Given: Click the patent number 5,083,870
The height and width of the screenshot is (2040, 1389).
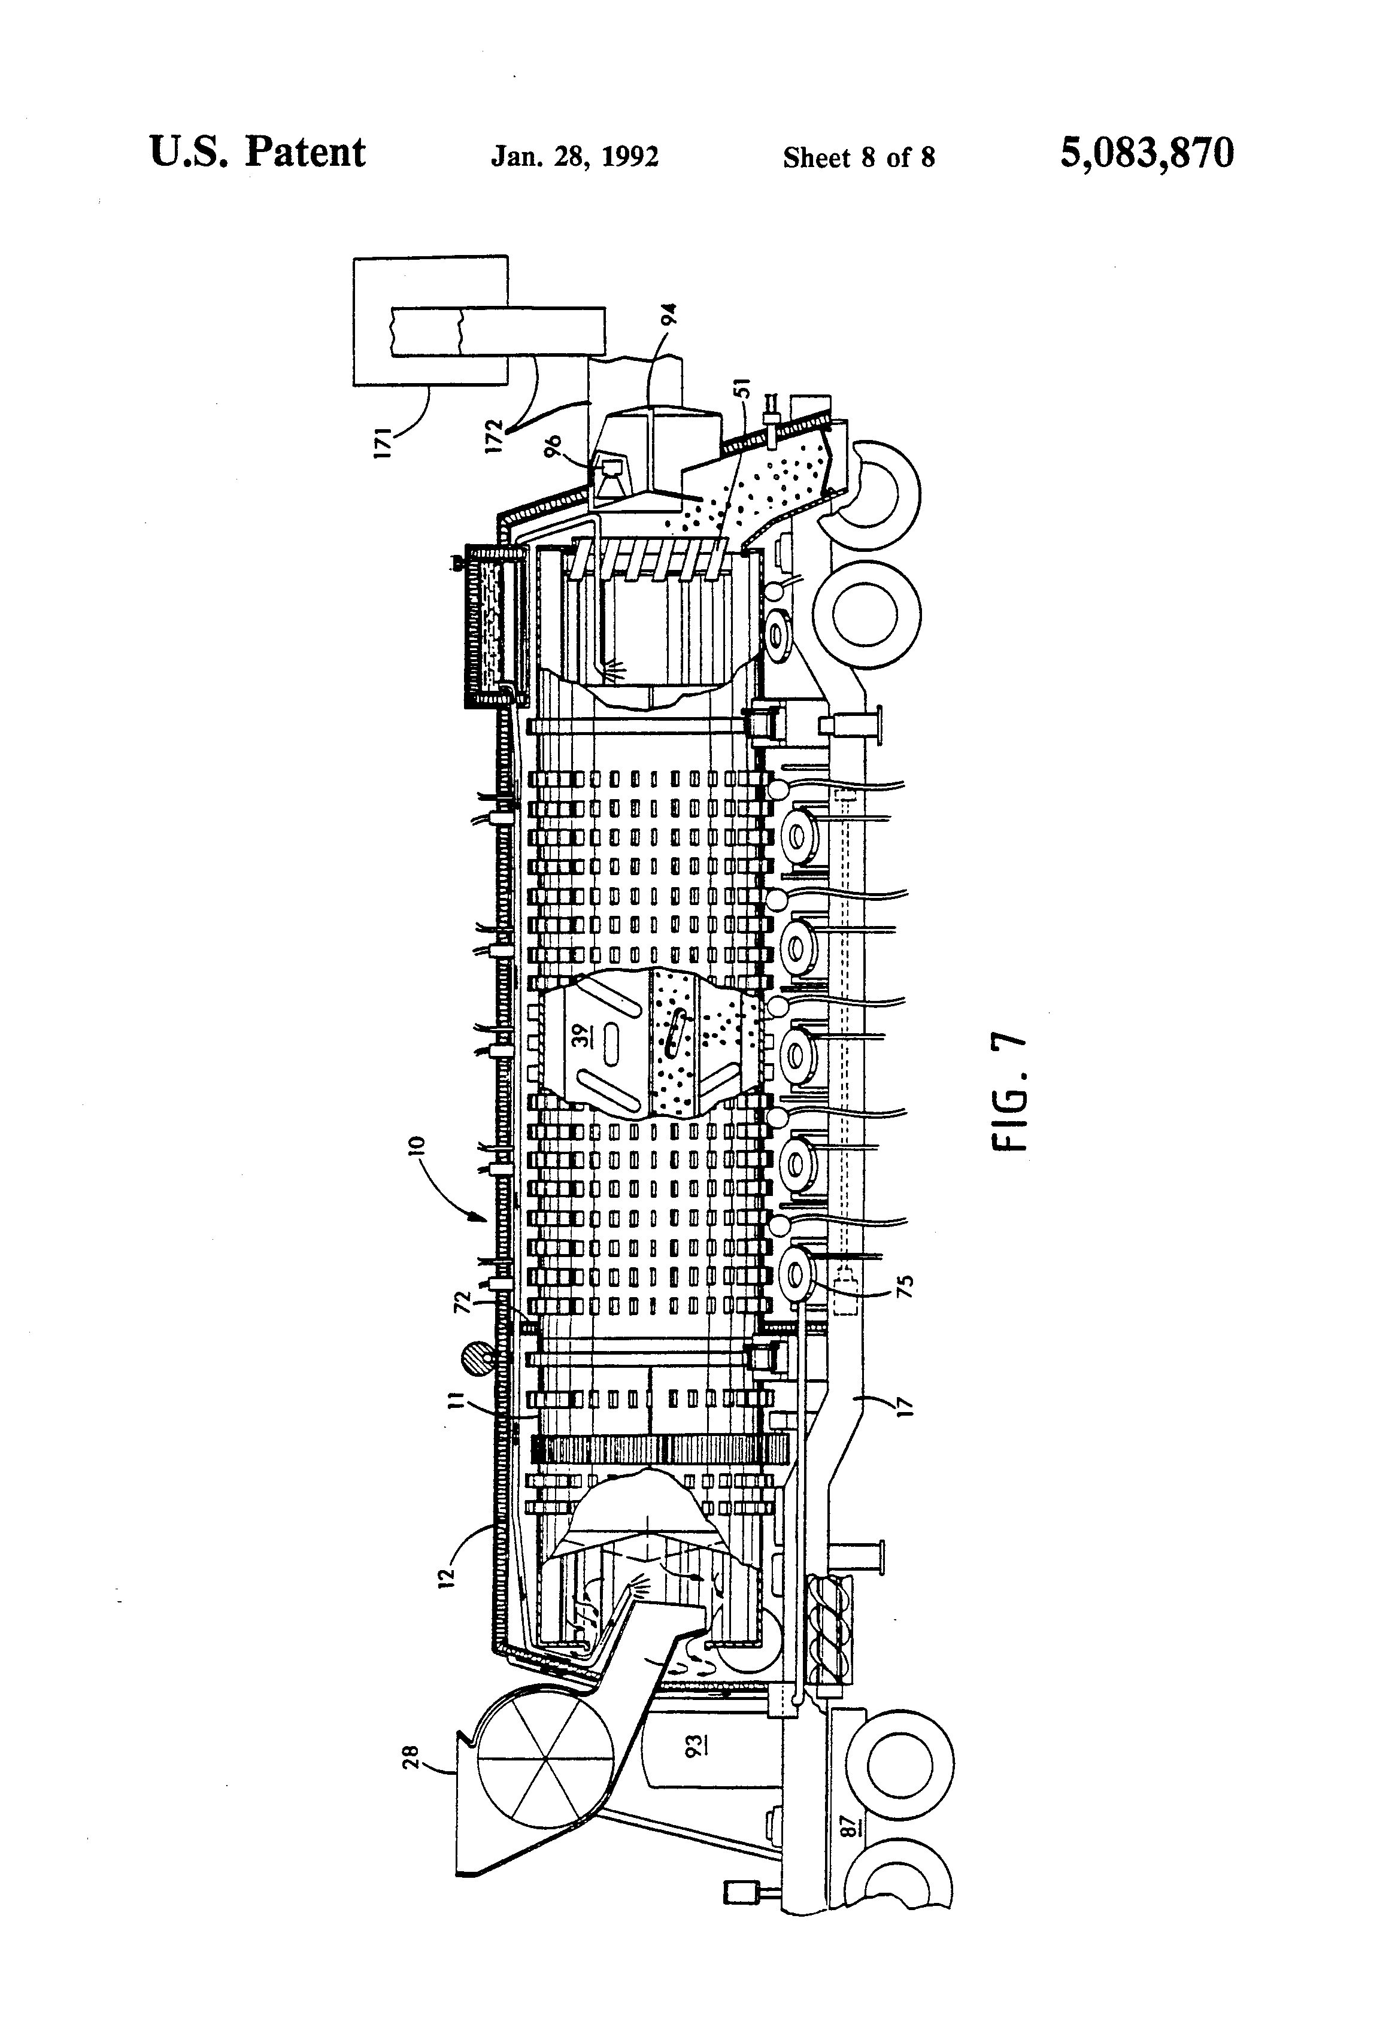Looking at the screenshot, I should point(1147,154).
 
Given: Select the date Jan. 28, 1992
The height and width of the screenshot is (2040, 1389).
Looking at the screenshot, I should point(575,157).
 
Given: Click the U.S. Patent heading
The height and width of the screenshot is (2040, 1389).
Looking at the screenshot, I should point(257,153).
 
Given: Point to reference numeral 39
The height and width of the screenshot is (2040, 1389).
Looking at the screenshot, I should point(580,1036).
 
